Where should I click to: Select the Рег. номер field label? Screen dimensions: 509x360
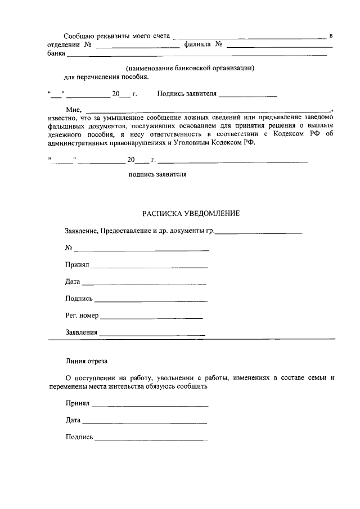click(x=82, y=316)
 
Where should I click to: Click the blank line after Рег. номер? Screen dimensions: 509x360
click(x=151, y=318)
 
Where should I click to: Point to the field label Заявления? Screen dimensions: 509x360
click(x=82, y=332)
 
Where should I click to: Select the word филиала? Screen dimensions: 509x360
click(x=197, y=44)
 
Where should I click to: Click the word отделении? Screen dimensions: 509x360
click(x=64, y=44)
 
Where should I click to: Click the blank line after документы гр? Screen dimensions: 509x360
click(x=259, y=232)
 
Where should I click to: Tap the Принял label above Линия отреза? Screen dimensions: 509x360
click(x=77, y=265)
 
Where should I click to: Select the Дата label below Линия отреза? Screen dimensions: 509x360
click(x=73, y=420)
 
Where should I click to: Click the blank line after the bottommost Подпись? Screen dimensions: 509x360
click(x=151, y=439)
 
